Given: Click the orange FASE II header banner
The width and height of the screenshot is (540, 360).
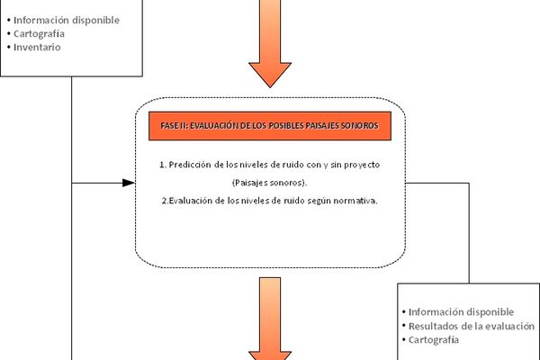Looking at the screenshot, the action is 270,126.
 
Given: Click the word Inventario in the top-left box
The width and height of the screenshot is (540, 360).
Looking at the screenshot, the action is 37,47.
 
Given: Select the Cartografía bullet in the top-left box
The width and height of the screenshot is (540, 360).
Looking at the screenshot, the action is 39,34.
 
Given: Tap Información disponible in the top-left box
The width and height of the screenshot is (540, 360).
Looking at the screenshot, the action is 67,21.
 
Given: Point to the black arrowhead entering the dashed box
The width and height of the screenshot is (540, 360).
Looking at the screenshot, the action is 129,183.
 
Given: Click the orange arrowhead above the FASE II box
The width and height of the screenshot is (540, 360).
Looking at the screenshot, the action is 270,75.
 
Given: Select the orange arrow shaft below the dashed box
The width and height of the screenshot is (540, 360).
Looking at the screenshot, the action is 270,314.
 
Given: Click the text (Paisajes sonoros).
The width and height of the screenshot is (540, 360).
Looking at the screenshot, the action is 270,183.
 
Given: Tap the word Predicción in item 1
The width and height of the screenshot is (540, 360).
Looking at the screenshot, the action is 189,165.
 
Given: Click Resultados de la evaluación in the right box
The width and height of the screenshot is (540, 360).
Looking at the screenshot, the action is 472,326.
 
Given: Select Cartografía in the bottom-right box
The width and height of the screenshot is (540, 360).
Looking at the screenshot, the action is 434,340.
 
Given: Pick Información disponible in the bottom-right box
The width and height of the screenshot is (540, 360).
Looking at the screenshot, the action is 461,312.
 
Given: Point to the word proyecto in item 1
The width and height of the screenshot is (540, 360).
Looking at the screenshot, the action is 362,165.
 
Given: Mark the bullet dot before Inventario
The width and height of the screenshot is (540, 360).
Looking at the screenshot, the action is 9,47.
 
